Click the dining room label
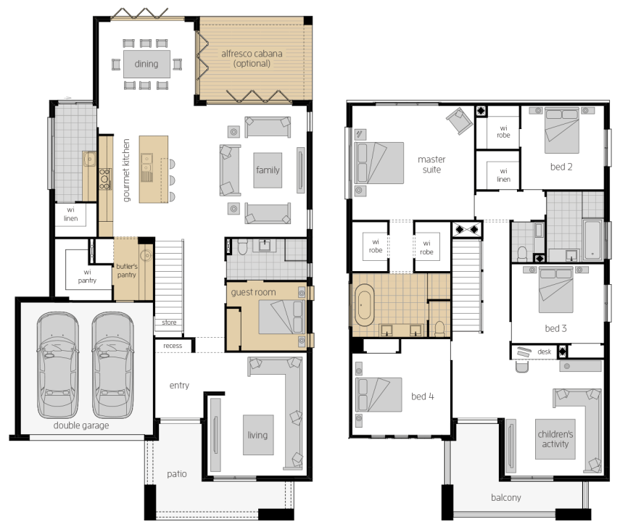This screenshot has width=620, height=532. pos(146,64)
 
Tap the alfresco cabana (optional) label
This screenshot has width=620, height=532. pos(252,59)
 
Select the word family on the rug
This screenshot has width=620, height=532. pos(268,170)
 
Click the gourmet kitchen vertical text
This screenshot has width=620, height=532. pos(126,170)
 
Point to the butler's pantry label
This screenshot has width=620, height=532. pos(126,270)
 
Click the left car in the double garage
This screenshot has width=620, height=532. pos(58,365)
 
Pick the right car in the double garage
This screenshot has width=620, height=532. pos(112,365)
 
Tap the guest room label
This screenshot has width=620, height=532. pos(254,293)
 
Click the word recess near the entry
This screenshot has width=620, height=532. pos(173,346)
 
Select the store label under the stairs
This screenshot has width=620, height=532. pos(169,323)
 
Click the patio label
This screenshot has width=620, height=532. pos(177,474)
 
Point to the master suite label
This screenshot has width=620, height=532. pos(431,165)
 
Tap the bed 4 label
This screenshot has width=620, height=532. pos(423,396)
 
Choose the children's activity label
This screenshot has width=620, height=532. pos(555,439)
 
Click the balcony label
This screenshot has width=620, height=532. pos(506,498)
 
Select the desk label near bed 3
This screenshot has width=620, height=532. pos(545,352)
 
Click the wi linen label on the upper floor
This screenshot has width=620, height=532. pos(503,175)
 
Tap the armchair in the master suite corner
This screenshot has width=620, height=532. pos(460,120)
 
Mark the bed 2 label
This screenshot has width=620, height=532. pos(561,167)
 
